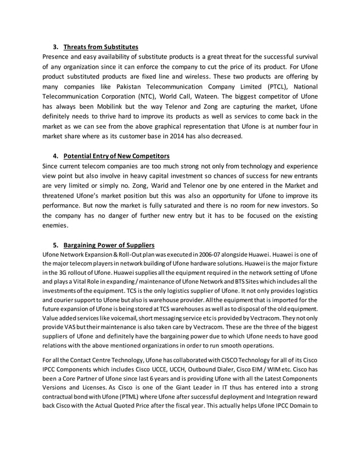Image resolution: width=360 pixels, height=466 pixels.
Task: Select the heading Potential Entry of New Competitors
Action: pos(117,155)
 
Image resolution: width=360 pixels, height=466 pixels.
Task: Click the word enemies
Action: pos(55,226)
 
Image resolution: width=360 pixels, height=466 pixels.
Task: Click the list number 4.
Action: pos(55,155)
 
